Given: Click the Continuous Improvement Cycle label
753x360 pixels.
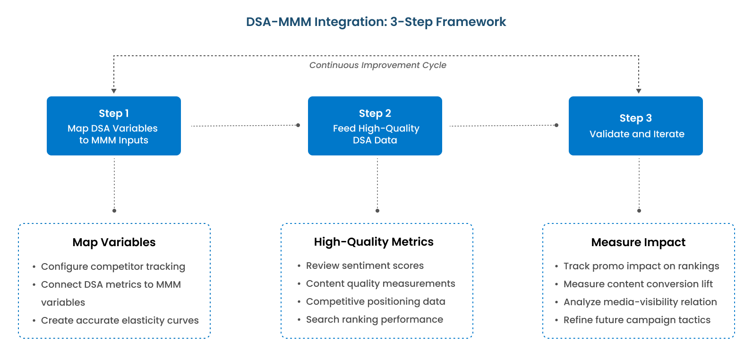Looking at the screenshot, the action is pos(377,65).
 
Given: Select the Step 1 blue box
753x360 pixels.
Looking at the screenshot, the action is pos(114,126).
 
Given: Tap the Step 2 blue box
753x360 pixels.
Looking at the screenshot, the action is pos(375,126).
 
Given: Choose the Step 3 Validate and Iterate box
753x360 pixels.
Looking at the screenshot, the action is pos(636,126).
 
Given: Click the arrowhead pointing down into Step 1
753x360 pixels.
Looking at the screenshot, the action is pos(114,91).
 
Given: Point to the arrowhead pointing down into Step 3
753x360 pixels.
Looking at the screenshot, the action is pos(639,91).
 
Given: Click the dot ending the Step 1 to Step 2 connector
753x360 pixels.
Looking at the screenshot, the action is pos(298,125).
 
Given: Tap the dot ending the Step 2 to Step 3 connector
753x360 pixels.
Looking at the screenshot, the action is pos(556,125).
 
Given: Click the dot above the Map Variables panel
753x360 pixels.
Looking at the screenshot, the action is pos(114,211).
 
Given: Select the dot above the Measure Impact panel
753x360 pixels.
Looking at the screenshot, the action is pos(639,211).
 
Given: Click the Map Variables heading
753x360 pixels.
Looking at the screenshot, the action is pos(114,242).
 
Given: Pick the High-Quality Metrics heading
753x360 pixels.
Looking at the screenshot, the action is pos(374,242).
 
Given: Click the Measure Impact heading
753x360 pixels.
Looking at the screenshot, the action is pos(638,242).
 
